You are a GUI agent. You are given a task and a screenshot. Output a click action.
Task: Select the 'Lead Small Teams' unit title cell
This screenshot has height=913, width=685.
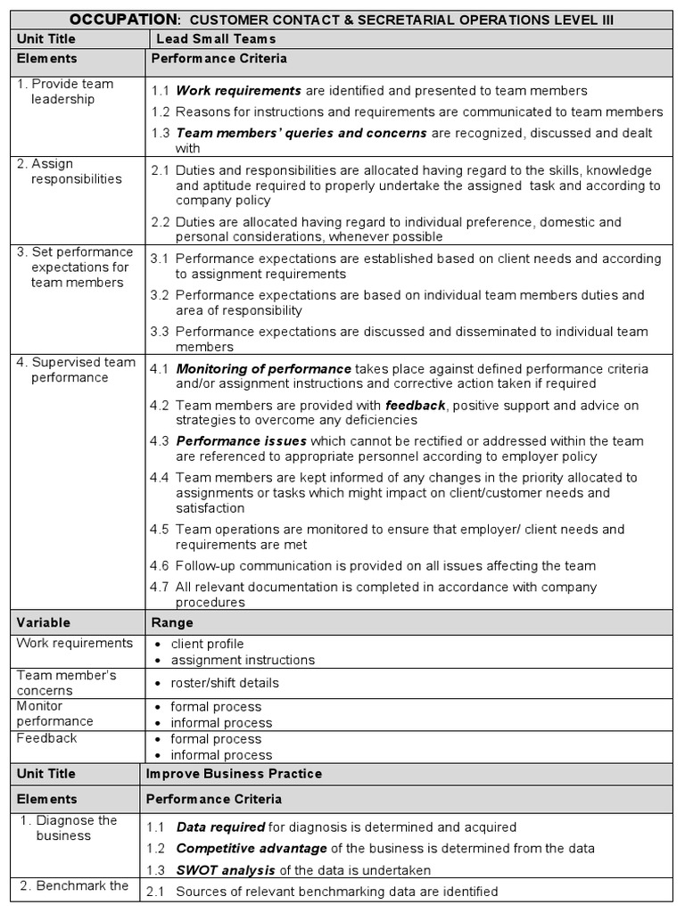[215, 39]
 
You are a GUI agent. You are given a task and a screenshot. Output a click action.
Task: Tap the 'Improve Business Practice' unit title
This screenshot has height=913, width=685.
[234, 774]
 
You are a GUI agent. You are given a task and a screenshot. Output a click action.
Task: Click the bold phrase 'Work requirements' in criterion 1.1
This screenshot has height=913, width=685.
[238, 91]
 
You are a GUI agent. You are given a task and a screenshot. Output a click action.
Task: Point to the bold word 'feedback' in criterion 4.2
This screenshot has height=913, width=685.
[415, 405]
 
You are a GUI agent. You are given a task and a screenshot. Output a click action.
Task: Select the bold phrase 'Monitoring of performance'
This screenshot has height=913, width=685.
[263, 368]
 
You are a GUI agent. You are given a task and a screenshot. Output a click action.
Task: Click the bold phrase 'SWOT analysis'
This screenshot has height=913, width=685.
[226, 870]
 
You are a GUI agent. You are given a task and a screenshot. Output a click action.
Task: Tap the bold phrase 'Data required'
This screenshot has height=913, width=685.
[220, 827]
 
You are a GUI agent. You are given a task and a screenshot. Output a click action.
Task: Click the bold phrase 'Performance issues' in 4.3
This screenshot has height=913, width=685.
[241, 441]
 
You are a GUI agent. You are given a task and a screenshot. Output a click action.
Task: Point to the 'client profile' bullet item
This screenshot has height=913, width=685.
[207, 645]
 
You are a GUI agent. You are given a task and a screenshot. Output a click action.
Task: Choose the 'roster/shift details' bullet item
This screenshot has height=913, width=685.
[225, 683]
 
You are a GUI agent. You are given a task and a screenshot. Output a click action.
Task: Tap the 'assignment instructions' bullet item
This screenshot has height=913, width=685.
[243, 661]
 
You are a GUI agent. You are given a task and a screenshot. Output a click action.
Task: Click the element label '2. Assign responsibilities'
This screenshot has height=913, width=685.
[70, 171]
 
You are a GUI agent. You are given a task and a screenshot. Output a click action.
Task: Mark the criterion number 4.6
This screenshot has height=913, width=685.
[160, 566]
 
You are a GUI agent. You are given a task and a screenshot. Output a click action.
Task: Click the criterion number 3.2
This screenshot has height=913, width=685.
[160, 295]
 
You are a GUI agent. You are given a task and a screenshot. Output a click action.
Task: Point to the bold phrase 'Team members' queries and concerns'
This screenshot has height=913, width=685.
[301, 134]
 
